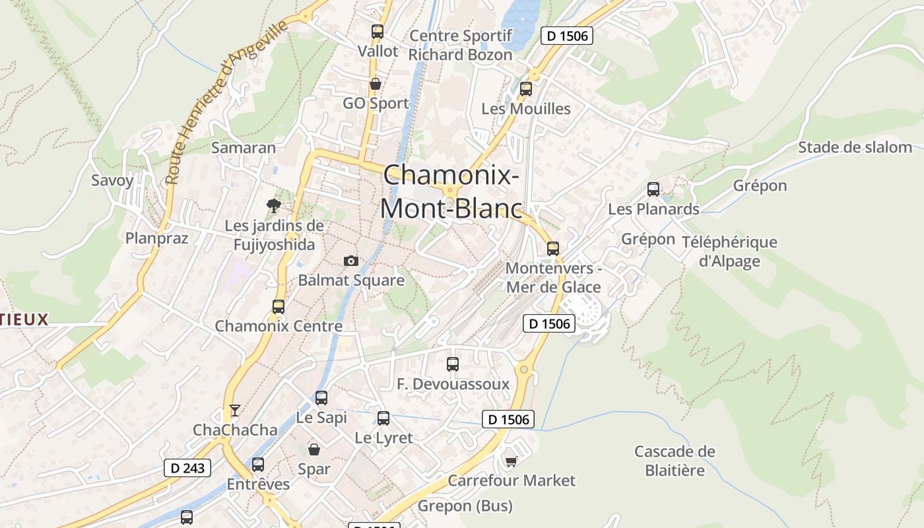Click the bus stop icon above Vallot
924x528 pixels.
click(x=377, y=31)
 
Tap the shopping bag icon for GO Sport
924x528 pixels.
click(x=376, y=84)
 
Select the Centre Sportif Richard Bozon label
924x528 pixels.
click(x=460, y=45)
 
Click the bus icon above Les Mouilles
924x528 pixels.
click(x=525, y=88)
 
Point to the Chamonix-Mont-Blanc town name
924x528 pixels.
click(x=451, y=191)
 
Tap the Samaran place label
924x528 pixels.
click(x=244, y=147)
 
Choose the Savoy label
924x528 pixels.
click(x=112, y=180)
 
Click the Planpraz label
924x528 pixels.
click(x=157, y=238)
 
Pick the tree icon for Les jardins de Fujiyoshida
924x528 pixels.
click(x=273, y=206)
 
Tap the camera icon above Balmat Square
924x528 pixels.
click(x=351, y=261)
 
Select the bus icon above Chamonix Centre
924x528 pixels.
click(x=278, y=306)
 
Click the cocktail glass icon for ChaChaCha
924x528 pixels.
click(x=234, y=411)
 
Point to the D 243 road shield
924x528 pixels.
click(x=187, y=468)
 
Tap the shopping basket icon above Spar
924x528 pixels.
click(x=314, y=449)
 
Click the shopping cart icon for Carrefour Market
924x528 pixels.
click(x=511, y=461)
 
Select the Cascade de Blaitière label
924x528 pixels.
click(x=675, y=461)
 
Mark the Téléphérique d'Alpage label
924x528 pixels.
click(x=729, y=251)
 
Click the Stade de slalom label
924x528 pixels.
click(x=855, y=147)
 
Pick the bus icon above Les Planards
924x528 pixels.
click(x=653, y=189)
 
